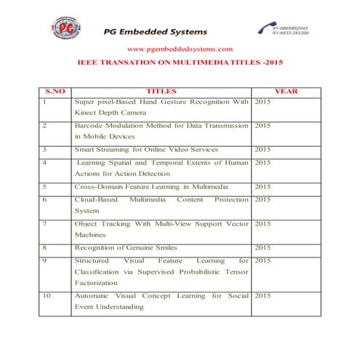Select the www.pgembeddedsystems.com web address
click(x=180, y=49)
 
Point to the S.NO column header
click(x=55, y=92)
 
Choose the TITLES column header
click(x=161, y=92)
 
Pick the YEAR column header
click(x=286, y=92)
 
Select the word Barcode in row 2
click(x=89, y=125)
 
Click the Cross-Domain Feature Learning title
click(x=145, y=186)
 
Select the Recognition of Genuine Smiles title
click(x=126, y=247)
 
